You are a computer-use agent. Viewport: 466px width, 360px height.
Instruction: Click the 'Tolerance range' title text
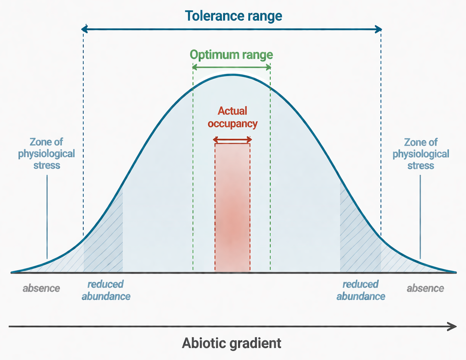(233, 16)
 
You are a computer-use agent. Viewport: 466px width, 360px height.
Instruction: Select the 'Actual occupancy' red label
(232, 117)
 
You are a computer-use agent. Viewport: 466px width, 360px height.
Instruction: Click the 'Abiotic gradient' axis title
(232, 344)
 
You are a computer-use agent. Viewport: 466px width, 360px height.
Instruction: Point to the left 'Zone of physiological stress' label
(47, 153)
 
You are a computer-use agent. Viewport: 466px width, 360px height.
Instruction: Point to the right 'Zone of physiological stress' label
(421, 153)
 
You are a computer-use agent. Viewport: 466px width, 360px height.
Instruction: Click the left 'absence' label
(41, 288)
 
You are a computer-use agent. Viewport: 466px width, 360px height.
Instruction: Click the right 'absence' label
(425, 288)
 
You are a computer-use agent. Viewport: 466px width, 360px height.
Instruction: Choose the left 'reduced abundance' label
(106, 290)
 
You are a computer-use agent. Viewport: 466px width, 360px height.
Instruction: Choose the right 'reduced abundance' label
(361, 290)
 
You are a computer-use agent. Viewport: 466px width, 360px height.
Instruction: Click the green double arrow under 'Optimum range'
(231, 67)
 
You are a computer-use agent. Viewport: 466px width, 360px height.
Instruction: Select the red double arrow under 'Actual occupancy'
(232, 140)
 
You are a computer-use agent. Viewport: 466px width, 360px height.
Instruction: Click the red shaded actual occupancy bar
(232, 209)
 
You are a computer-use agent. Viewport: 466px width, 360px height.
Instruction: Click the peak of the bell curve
(232, 75)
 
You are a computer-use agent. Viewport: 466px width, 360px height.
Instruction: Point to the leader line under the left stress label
(47, 217)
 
